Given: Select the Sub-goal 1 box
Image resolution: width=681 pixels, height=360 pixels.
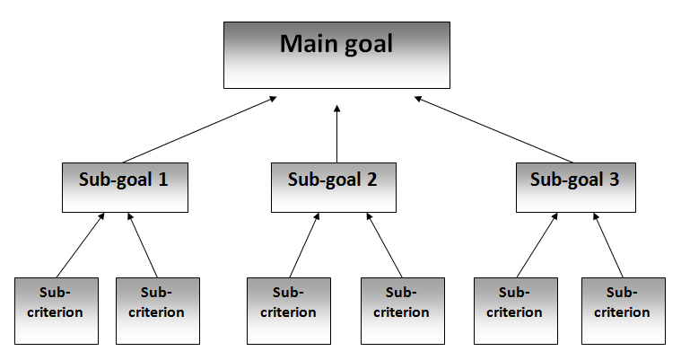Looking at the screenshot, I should point(125,186).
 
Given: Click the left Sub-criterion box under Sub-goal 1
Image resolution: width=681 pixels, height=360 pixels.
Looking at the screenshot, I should point(57,310).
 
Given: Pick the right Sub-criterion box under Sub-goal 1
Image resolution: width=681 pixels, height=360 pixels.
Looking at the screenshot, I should point(157,310).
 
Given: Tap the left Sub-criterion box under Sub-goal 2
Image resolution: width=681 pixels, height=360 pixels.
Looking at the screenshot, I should point(289,310).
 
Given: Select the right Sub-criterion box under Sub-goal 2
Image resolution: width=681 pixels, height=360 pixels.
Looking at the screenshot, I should point(403,310).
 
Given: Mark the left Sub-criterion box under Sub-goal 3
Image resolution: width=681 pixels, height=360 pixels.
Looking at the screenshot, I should point(515,310).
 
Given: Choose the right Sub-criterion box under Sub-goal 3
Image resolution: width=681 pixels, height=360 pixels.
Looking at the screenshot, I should point(623,310).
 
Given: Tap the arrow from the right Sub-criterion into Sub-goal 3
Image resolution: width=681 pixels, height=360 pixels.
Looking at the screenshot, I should point(607,245).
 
